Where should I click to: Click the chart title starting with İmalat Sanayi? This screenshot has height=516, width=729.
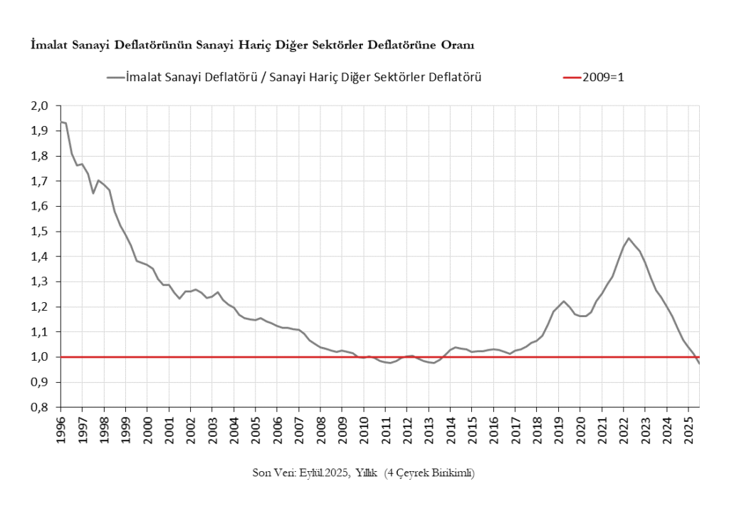[252, 46]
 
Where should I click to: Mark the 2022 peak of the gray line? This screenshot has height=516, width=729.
[629, 238]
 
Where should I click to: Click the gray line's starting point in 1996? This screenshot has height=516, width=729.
[61, 122]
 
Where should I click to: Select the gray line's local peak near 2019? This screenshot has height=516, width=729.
[564, 301]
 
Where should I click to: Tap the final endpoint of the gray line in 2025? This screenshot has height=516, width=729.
[699, 363]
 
